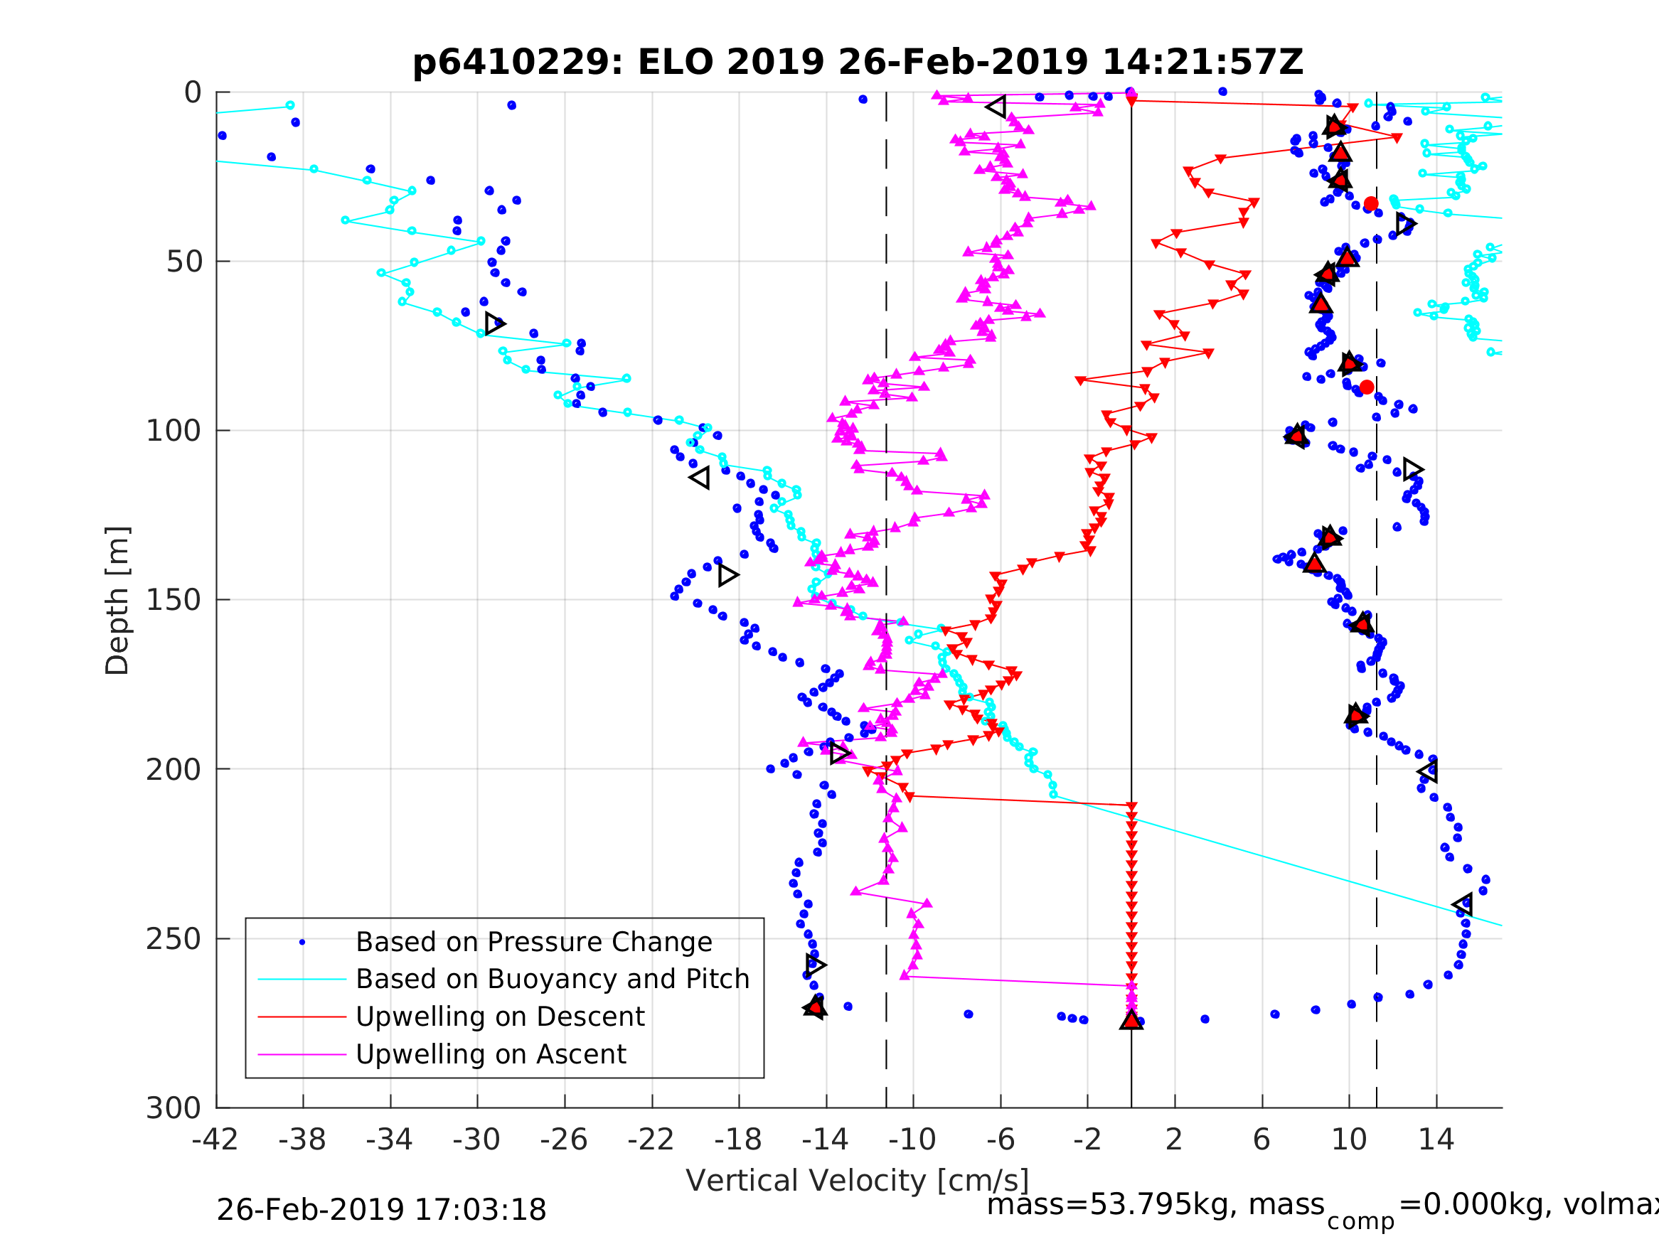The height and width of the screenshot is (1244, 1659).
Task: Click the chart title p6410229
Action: click(x=858, y=63)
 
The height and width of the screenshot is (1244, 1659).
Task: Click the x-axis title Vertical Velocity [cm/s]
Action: click(x=858, y=1180)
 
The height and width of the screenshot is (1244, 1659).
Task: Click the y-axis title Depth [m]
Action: click(x=118, y=601)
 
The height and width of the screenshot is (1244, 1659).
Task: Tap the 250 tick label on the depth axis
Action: click(x=174, y=939)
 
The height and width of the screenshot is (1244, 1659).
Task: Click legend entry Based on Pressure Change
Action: click(x=533, y=942)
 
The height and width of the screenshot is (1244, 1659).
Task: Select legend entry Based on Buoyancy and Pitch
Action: click(x=552, y=980)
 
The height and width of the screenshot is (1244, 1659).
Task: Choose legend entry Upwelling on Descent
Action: click(x=499, y=1017)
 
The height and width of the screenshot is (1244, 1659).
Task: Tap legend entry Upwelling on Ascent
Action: click(x=491, y=1054)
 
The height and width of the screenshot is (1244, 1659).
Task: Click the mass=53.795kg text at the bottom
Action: click(x=1155, y=1205)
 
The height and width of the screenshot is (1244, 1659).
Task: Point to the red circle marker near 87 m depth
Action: click(x=1367, y=387)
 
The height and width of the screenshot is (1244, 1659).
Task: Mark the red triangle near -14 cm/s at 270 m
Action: click(x=815, y=1007)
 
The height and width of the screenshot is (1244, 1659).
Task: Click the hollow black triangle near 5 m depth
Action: click(x=996, y=107)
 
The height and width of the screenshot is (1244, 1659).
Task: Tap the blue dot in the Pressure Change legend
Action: click(x=302, y=943)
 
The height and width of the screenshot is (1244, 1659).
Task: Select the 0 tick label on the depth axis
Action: click(x=193, y=93)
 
